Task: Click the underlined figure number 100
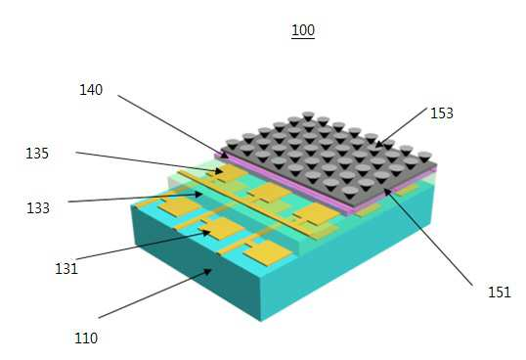[303, 30]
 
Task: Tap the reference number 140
[91, 90]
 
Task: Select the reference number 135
[37, 154]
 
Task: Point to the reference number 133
[38, 208]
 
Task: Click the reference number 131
[66, 269]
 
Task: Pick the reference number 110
[86, 337]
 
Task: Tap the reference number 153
[442, 113]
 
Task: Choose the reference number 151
[500, 292]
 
